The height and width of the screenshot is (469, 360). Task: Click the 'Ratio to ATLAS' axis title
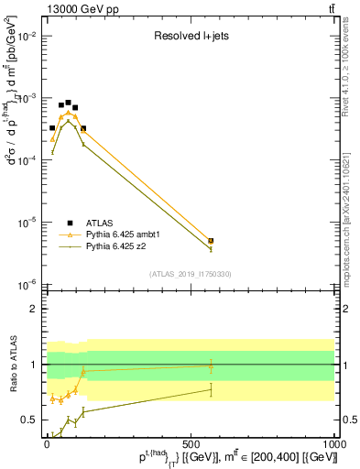[11, 364]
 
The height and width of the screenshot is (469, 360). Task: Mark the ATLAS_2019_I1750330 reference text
[191, 274]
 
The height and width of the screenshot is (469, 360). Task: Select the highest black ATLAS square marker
[68, 103]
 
